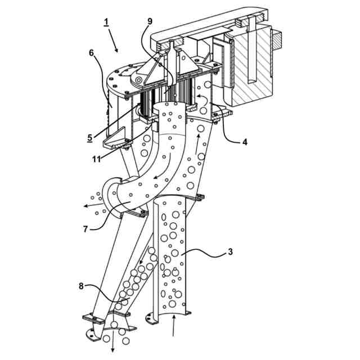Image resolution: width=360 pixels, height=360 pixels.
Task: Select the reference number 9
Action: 149,21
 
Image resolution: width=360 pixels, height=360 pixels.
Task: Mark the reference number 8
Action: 83,286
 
